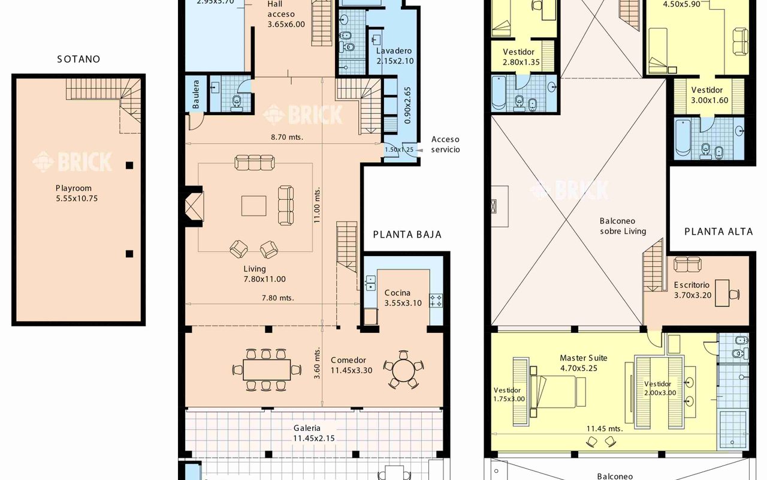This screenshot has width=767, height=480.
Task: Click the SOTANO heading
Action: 78,59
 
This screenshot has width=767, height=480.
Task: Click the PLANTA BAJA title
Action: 407,235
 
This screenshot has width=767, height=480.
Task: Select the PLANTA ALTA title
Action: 718,232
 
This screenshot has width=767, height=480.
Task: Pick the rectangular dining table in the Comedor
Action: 267,370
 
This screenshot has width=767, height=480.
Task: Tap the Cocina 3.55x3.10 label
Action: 402,298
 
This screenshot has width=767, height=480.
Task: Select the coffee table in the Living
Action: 254,205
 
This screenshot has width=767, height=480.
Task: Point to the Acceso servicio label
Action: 445,145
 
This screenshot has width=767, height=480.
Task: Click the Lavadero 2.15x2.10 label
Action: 395,56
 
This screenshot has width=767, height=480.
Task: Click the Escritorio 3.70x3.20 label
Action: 691,290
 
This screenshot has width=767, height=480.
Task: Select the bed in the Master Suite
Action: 561,391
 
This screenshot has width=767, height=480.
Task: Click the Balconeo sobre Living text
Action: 623,226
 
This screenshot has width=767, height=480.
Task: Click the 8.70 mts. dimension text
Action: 287,137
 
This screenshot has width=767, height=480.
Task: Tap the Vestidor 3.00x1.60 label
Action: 710,95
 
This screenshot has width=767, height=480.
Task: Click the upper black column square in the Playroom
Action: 129,165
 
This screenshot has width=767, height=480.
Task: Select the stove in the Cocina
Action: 435,300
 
